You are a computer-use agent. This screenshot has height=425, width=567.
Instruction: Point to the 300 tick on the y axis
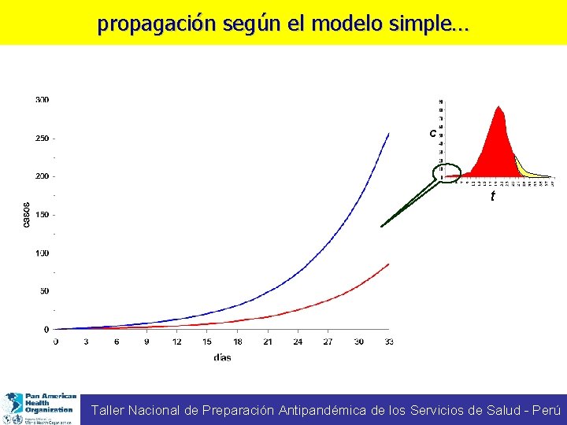[42, 100]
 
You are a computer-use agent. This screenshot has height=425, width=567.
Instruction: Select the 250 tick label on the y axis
[42, 139]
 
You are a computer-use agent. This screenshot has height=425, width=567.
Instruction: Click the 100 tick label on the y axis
[42, 253]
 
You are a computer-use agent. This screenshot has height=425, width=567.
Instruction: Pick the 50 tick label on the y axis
[43, 291]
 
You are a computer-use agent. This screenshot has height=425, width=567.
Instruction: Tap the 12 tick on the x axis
[176, 342]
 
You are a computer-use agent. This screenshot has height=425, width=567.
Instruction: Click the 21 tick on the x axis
[268, 342]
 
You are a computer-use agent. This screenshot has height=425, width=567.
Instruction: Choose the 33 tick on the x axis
[388, 342]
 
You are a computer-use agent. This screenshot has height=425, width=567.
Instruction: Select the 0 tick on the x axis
[55, 342]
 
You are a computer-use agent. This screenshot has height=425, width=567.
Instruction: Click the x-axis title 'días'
[222, 357]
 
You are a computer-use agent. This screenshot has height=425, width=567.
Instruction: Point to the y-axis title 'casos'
[27, 214]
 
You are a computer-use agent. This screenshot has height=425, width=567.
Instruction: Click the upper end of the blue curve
[388, 134]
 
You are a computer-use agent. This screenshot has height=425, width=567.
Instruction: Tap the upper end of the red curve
[388, 264]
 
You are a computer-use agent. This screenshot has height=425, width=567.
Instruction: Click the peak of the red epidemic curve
[498, 107]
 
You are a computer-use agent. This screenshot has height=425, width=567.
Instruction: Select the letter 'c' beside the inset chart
[432, 133]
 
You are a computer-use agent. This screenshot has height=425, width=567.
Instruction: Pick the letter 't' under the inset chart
[493, 196]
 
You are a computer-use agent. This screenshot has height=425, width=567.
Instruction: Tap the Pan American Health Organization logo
[40, 408]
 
